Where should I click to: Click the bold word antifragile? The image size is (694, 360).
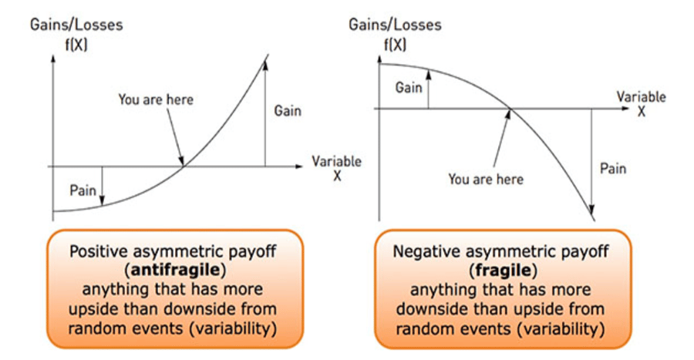[x=175, y=270]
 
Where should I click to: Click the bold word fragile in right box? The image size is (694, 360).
[x=503, y=270]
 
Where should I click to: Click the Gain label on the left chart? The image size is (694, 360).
[x=288, y=110]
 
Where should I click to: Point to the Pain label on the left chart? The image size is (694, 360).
[x=83, y=190]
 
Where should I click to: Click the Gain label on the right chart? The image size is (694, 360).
[x=409, y=88]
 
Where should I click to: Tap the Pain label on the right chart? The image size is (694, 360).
[x=613, y=169]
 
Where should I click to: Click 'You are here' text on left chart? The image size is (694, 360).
[x=156, y=99]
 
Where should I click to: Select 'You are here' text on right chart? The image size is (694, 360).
[x=486, y=179]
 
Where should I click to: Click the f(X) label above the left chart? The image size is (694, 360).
[x=76, y=45]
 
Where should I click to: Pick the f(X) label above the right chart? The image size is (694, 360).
[x=395, y=45]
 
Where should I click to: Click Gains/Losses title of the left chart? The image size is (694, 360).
[x=76, y=25]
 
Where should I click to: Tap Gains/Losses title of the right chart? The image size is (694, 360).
[x=395, y=25]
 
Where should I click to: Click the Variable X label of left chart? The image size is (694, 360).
[x=336, y=168]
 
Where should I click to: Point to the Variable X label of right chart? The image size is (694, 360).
[x=642, y=103]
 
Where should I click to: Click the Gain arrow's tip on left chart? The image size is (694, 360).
[x=265, y=62]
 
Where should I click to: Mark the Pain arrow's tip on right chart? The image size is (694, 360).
[x=591, y=214]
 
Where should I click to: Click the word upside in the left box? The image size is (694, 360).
[x=90, y=308]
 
